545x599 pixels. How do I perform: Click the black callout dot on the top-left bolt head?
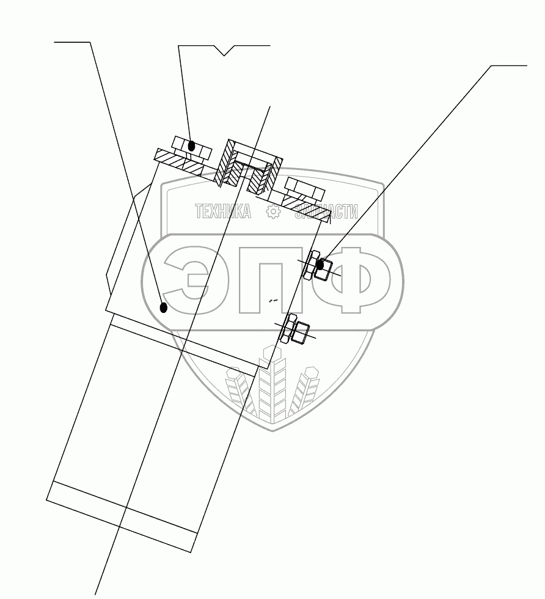[x=192, y=145]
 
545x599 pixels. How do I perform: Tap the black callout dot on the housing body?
[x=163, y=307]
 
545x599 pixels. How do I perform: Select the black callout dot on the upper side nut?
[x=320, y=265]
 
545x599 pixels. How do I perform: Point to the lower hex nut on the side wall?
[x=294, y=330]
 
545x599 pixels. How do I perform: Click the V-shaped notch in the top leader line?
[x=225, y=53]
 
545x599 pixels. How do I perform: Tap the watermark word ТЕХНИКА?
[x=223, y=211]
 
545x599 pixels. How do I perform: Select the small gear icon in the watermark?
[x=273, y=211]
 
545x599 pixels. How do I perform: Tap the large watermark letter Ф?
[x=354, y=279]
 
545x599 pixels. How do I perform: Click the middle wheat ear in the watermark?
[x=272, y=388]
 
